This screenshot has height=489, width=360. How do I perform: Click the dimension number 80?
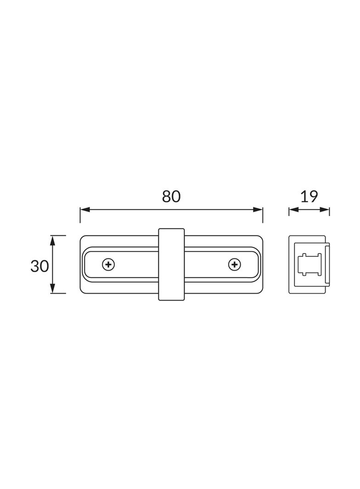click(x=171, y=196)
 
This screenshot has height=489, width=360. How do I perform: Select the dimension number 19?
click(x=309, y=196)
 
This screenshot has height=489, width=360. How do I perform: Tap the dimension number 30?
click(x=39, y=267)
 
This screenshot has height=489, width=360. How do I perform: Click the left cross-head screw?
click(x=108, y=265)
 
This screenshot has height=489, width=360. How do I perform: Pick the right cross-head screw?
click(x=235, y=265)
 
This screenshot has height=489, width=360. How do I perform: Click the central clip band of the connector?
click(x=171, y=264)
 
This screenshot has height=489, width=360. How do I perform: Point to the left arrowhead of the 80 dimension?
click(x=85, y=210)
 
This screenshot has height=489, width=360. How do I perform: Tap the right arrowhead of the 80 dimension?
click(x=258, y=210)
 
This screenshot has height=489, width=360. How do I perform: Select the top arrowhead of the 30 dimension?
click(x=52, y=240)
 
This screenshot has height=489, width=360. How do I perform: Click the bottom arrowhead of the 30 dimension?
click(x=52, y=288)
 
